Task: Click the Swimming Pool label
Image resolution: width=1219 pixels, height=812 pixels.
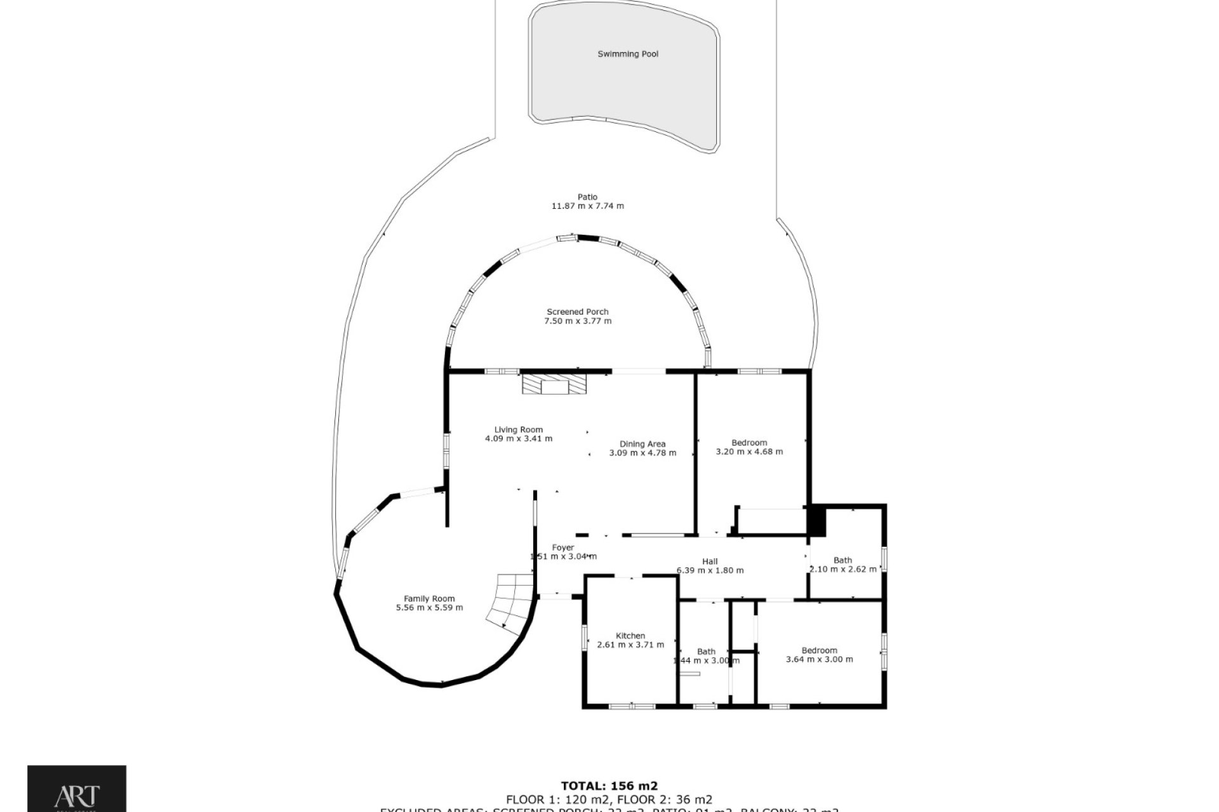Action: (628, 55)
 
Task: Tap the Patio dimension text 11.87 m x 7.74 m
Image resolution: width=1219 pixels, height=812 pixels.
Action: (587, 206)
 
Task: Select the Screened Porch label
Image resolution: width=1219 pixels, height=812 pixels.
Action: (577, 311)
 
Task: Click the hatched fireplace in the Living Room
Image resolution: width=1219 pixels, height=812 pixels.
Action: (554, 384)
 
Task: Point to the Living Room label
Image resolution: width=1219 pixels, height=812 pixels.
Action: (518, 429)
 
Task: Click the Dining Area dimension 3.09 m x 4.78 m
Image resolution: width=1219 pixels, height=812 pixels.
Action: (642, 453)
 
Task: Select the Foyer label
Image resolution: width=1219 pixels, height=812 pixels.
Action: (563, 547)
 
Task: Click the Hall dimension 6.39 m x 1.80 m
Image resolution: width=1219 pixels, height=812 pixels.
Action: (710, 570)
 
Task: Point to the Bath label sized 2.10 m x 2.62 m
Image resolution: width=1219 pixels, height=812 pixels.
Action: (843, 560)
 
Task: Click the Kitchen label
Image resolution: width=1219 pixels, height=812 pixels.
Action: (630, 636)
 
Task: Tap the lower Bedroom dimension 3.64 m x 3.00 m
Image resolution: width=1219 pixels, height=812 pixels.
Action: (819, 659)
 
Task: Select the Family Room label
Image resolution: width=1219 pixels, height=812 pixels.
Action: (429, 598)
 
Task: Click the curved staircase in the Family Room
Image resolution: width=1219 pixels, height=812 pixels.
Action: (512, 600)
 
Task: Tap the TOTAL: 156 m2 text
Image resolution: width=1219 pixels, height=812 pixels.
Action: (609, 786)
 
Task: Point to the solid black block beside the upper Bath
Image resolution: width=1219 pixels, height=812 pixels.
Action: (816, 520)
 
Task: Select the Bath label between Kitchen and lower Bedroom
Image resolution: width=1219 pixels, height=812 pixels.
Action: (706, 652)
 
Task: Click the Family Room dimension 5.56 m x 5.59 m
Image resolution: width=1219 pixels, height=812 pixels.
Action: (429, 608)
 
